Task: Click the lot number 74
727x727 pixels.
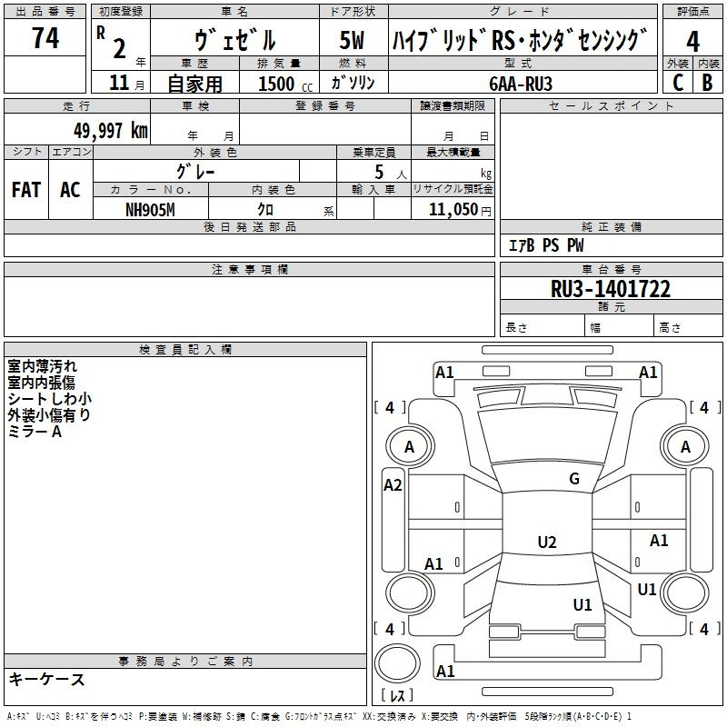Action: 45,38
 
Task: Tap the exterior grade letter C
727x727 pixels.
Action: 677,82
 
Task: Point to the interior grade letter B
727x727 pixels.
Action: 707,82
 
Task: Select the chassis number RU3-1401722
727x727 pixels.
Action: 611,289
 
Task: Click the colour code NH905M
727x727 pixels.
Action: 151,208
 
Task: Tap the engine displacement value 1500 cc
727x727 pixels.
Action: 277,84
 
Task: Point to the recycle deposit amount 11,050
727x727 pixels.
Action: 452,209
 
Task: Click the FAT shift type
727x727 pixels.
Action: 25,189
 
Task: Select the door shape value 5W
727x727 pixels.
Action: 352,41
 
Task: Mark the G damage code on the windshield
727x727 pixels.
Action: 574,479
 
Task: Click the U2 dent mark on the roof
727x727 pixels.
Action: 547,543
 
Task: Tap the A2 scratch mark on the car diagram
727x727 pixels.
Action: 393,485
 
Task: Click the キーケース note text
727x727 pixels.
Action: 46,679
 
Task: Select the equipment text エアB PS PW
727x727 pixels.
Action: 545,245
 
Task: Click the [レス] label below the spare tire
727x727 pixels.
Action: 396,696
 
